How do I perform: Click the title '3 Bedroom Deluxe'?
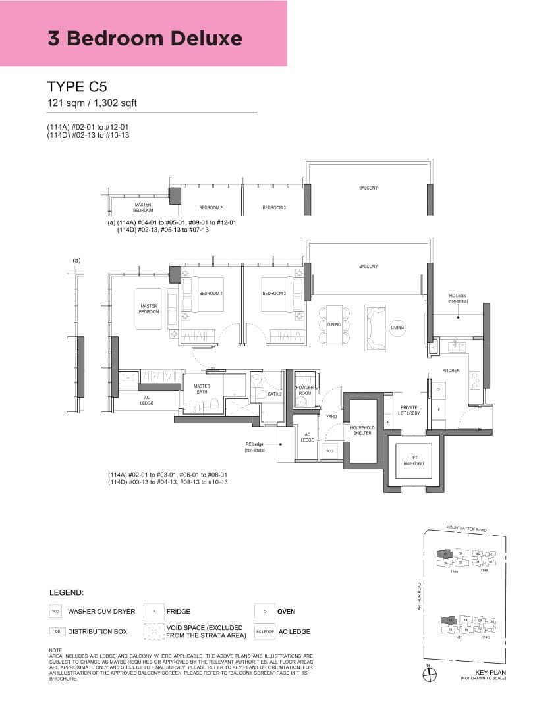[145, 38]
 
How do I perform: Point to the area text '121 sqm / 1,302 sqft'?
[92, 103]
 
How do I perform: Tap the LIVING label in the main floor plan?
[397, 327]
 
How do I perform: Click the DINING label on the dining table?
[334, 325]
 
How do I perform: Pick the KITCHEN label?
[451, 371]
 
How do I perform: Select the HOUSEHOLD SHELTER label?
[361, 430]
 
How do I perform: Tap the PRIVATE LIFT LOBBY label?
[408, 411]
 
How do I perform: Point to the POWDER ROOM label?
[304, 390]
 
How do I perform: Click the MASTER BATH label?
[202, 390]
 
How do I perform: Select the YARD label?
[332, 416]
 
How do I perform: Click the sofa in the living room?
[376, 327]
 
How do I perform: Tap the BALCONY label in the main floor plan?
[368, 266]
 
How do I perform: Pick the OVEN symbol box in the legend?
[264, 612]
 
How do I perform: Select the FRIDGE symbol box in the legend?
[154, 612]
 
